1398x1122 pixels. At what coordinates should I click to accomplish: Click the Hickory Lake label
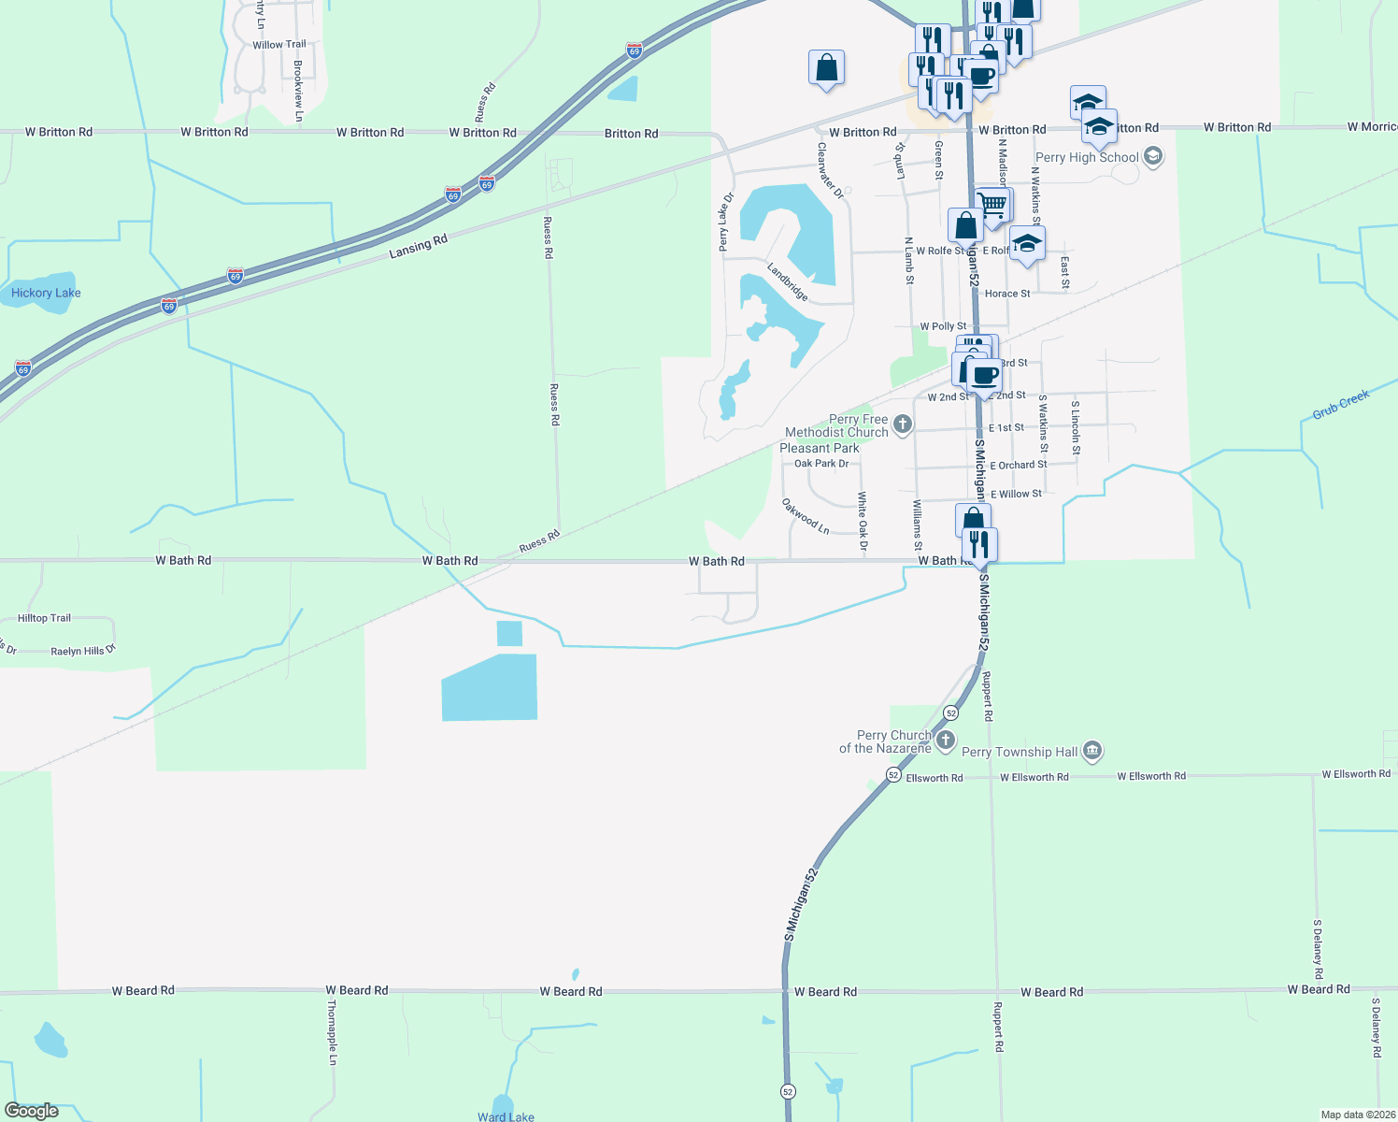click(46, 293)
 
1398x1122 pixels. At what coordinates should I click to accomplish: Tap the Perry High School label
click(1087, 157)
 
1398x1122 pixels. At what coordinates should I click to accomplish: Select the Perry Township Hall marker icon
click(1092, 751)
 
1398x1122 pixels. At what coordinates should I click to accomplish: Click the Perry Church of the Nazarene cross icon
click(946, 741)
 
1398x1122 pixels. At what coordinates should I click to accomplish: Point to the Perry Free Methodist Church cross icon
click(902, 424)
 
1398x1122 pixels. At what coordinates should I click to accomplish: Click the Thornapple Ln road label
click(332, 1032)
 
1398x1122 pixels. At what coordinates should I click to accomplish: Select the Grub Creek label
click(1340, 405)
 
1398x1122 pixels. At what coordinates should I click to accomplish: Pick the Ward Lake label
click(506, 1116)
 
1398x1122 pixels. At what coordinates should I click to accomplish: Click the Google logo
click(32, 1111)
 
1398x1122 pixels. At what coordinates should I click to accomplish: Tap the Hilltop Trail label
click(44, 618)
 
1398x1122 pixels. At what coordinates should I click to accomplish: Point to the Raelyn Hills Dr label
click(83, 651)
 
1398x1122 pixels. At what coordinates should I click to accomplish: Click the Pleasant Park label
click(819, 448)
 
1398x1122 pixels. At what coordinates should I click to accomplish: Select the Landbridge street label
click(788, 281)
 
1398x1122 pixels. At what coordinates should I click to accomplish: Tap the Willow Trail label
click(279, 45)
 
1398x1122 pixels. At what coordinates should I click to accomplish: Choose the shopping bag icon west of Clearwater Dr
click(826, 67)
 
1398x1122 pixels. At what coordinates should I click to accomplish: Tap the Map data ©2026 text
click(1358, 1115)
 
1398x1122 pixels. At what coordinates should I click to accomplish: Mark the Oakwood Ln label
click(806, 516)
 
